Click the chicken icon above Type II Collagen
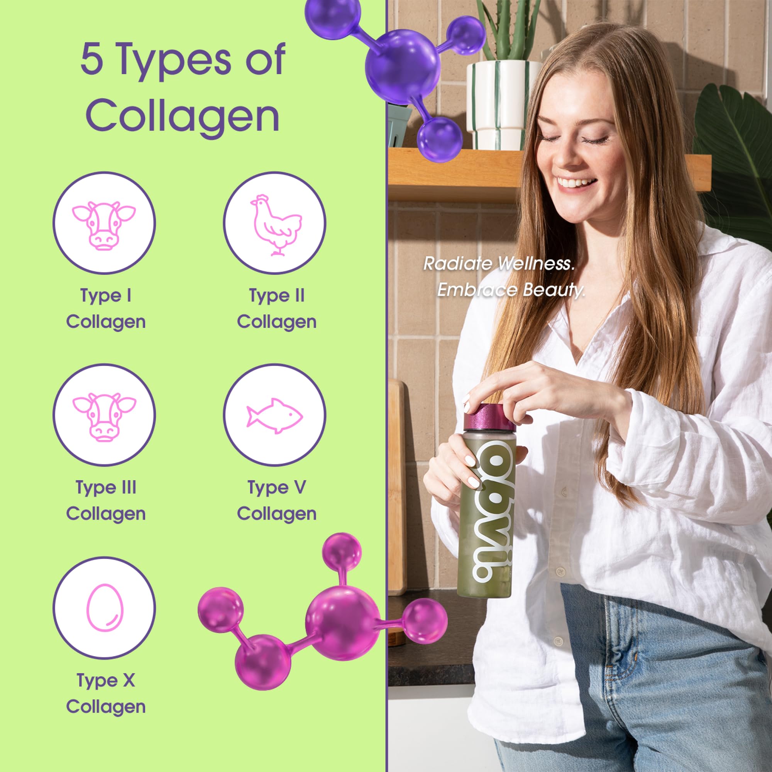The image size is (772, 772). (275, 224)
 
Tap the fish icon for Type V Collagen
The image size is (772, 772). (274, 416)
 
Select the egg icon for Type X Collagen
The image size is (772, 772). (105, 608)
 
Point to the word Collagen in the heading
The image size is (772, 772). (183, 116)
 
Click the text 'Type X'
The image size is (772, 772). (106, 680)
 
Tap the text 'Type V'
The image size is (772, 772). (276, 488)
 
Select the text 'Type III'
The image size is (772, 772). (106, 488)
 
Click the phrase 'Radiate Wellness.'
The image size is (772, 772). (499, 264)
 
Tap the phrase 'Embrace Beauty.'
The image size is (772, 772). (511, 290)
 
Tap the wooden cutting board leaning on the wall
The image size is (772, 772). (397, 488)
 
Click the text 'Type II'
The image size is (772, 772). (276, 296)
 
